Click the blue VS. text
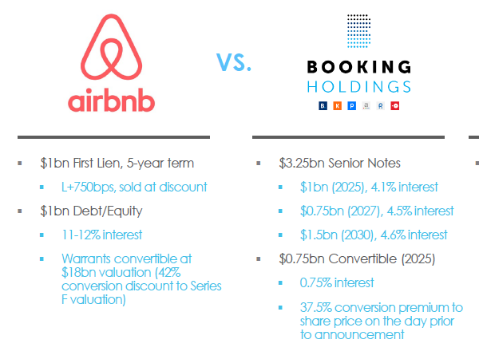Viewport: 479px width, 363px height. [234, 62]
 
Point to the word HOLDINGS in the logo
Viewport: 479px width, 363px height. [359, 86]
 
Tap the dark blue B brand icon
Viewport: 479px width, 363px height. [323, 105]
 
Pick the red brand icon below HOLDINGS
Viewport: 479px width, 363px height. [394, 105]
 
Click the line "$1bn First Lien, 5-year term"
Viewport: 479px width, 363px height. [117, 164]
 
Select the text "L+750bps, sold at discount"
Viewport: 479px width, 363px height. [133, 187]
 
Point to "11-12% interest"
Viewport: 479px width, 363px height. [101, 235]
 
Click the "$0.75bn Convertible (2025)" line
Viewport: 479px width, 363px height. [356, 258]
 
